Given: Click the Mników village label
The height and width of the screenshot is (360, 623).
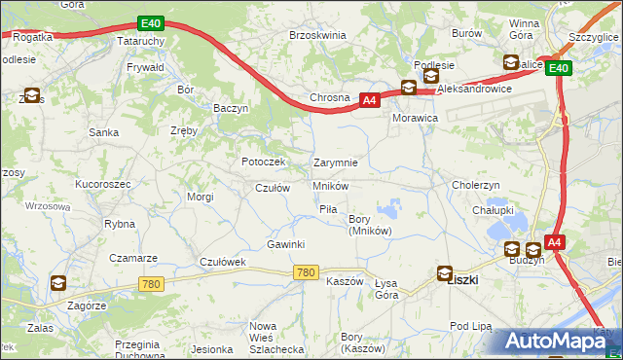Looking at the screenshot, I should [x=331, y=185].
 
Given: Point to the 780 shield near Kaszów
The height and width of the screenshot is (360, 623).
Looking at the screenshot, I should [x=305, y=273].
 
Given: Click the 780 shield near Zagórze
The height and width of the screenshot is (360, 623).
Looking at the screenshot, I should [x=150, y=284].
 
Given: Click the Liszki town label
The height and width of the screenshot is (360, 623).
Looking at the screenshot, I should [x=460, y=279].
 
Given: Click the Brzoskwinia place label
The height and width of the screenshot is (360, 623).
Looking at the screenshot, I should [x=317, y=34].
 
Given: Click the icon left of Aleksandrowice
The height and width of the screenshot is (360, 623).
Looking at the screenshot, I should [x=409, y=88].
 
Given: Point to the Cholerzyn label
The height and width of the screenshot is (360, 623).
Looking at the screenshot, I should [x=476, y=184].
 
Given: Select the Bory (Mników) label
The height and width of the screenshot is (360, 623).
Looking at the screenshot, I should [x=370, y=225].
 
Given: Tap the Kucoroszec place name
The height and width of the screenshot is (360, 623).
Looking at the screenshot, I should [x=102, y=183].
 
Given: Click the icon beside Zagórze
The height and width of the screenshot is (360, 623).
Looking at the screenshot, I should [x=58, y=283].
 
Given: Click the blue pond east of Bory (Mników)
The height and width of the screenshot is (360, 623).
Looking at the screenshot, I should [x=391, y=207].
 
